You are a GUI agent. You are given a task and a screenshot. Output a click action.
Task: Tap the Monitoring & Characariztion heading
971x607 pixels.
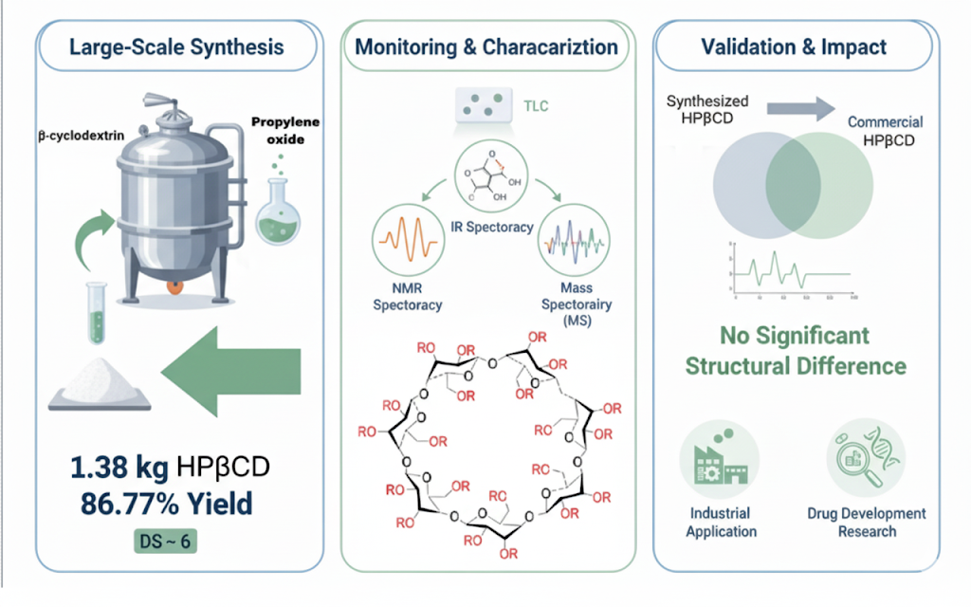pyautogui.click(x=485, y=47)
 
